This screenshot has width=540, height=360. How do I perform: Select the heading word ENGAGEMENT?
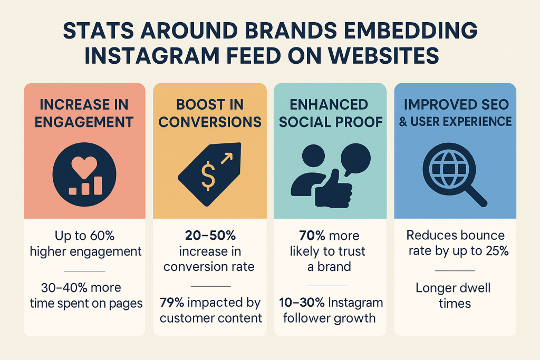84,122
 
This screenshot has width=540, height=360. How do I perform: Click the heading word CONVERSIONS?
210,122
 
